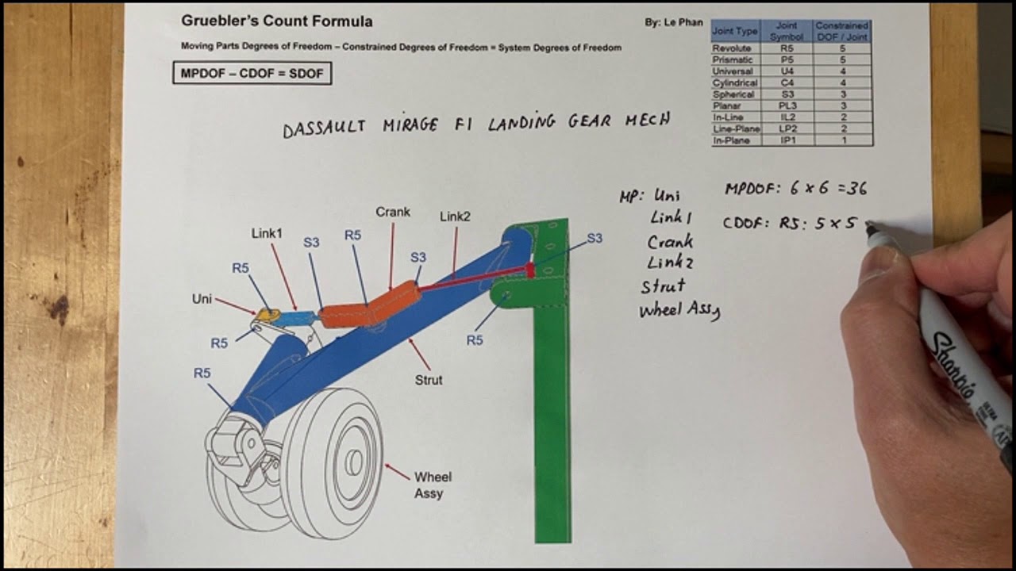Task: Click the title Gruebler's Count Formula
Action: point(276,21)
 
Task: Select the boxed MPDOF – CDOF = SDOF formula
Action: point(252,74)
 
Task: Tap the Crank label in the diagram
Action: point(393,212)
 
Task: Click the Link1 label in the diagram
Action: point(267,233)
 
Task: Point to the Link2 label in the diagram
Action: point(456,217)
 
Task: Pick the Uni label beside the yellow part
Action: point(202,299)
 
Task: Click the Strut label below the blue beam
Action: point(429,380)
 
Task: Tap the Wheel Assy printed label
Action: point(433,485)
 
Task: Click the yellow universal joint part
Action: point(268,315)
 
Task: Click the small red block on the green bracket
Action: point(530,270)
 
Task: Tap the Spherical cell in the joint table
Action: point(734,94)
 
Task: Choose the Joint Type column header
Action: point(735,32)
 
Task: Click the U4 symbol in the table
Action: point(787,71)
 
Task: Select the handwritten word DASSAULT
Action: point(324,128)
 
